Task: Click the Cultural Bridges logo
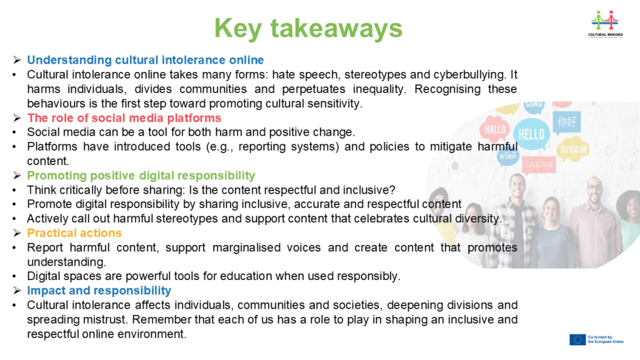click(605, 24)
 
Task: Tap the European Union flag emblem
click(577, 339)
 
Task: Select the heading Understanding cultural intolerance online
click(145, 60)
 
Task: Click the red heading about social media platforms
click(124, 118)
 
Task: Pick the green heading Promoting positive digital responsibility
click(141, 176)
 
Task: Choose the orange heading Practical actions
click(74, 233)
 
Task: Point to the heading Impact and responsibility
click(99, 291)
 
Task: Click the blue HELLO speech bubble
click(531, 134)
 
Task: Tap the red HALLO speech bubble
click(495, 129)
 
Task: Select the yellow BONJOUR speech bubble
click(574, 149)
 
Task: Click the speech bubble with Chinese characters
click(567, 122)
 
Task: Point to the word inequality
click(379, 89)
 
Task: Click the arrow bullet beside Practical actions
click(17, 233)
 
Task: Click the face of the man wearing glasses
click(594, 191)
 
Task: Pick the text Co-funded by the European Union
click(606, 339)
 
